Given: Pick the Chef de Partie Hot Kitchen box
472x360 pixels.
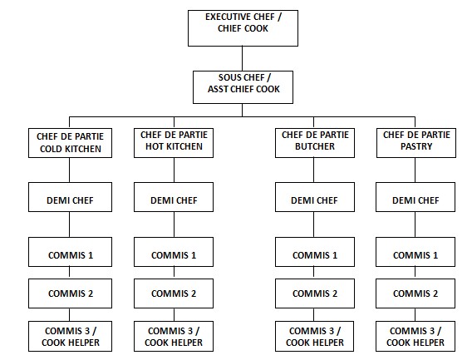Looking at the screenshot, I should (x=173, y=142).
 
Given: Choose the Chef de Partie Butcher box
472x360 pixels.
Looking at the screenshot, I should (x=314, y=142).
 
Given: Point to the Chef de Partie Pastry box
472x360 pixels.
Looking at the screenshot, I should (x=415, y=142).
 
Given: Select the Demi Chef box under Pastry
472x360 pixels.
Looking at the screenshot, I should (x=415, y=200).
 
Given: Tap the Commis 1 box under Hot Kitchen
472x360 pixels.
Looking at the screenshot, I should (x=173, y=254).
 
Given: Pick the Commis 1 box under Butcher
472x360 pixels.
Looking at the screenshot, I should (x=314, y=254).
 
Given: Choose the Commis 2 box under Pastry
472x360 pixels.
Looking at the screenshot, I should (x=415, y=293).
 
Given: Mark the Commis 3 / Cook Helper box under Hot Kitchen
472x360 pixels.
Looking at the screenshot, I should (x=173, y=336).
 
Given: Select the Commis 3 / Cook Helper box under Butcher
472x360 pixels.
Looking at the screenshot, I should (x=314, y=336).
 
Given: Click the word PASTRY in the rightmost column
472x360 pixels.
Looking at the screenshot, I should (x=415, y=147).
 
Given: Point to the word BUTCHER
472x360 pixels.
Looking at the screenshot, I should (x=314, y=147).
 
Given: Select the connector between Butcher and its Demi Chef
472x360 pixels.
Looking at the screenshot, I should (x=314, y=171).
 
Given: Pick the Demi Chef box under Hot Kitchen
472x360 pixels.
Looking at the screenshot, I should (x=173, y=200).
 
